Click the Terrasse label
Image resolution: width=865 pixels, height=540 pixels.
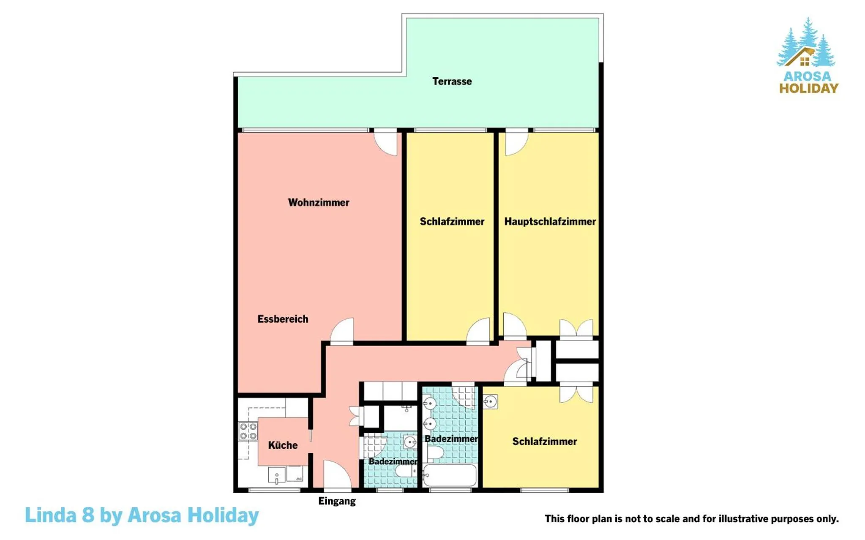point(452,81)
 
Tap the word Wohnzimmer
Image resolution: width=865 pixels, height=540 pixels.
point(319,202)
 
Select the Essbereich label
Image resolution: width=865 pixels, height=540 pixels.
point(283,319)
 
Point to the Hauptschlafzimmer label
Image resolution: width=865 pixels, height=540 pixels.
point(550,221)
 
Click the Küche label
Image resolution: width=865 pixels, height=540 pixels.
point(283,445)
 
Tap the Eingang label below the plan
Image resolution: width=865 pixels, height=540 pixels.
point(337,501)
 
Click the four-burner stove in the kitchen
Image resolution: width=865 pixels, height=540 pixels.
point(248,431)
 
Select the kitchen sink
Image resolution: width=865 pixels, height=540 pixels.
point(276,475)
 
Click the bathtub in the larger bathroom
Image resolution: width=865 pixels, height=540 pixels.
point(450,475)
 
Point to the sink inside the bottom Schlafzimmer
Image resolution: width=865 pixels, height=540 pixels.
point(490,402)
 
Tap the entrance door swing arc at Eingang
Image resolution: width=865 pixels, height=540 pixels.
point(337,474)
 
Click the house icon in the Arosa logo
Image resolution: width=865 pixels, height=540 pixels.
point(800,57)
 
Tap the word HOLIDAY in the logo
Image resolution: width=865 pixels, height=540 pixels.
point(809,88)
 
